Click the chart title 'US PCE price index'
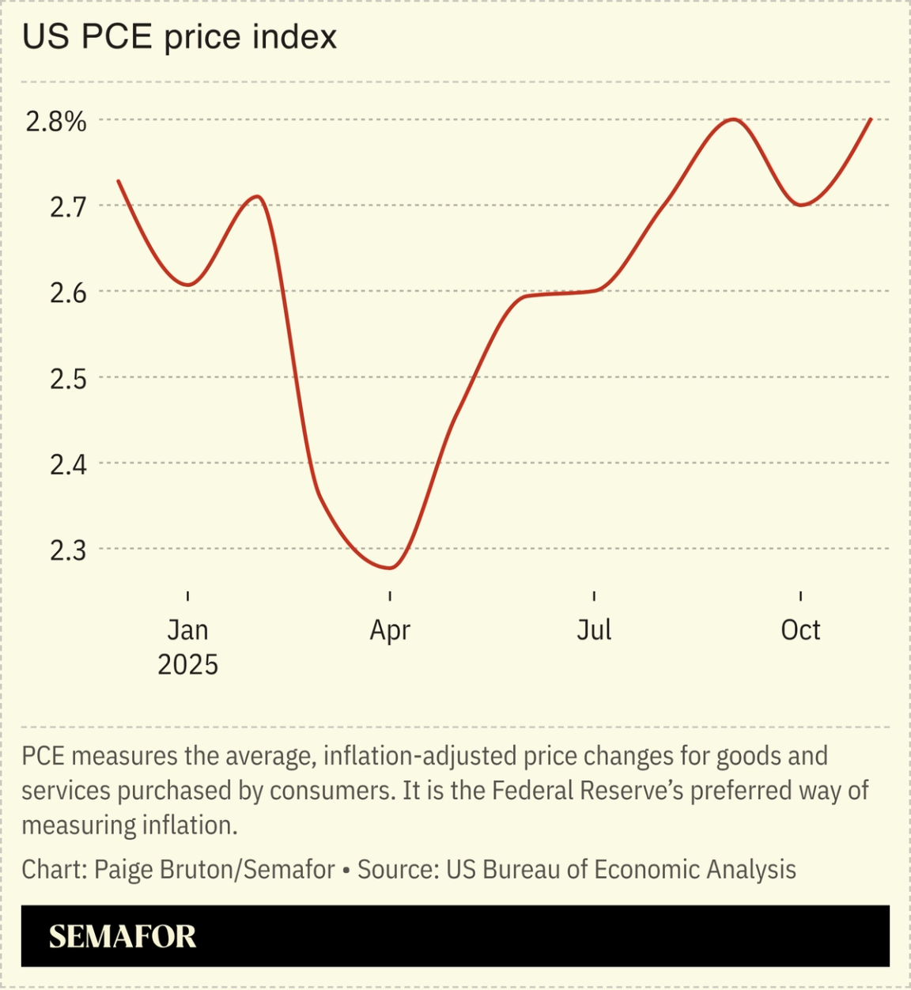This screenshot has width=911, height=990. pos(180,37)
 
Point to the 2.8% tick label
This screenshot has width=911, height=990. pos(55,122)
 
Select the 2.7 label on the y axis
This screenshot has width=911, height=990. pos(67,207)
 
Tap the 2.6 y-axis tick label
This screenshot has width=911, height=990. pos(67,293)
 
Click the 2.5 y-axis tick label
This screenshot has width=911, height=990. pos(67,379)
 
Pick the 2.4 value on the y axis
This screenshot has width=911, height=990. pos(67,464)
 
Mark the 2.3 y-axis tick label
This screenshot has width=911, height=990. pos(67,550)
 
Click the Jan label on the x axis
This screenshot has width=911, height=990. pos(187,630)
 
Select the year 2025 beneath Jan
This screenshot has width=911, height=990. pos(187,665)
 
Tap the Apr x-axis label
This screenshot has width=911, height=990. pos(390,630)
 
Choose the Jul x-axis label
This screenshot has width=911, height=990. pos(594,630)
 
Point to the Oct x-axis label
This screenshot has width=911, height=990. pos(800,630)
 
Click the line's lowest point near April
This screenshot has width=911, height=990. pos(390,568)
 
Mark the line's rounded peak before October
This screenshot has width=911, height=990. pos(734,119)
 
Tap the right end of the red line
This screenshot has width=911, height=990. pos(871,119)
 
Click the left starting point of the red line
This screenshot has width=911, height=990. pos(119,181)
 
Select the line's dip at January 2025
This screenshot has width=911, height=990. pos(188,285)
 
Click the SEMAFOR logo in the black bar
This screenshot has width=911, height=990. pos(123,937)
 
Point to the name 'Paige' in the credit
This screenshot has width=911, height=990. pos(124,870)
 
